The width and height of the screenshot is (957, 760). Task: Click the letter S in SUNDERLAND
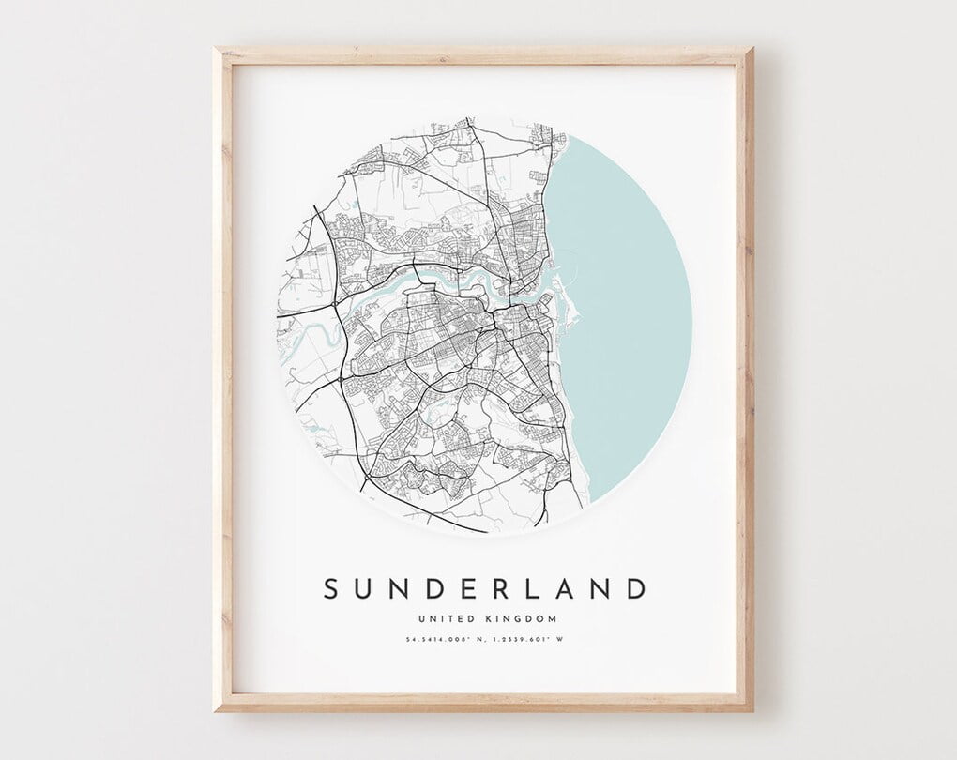pyautogui.click(x=330, y=589)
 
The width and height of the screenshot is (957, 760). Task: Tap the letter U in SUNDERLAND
pyautogui.click(x=367, y=589)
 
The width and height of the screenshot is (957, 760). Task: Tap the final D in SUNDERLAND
pyautogui.click(x=635, y=589)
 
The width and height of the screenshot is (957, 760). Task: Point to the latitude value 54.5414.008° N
pyautogui.click(x=445, y=641)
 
